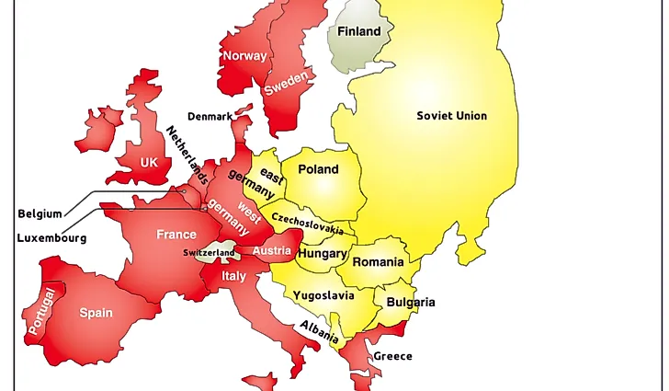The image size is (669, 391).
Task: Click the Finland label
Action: tap(358, 31)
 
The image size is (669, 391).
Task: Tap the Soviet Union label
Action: tap(451, 116)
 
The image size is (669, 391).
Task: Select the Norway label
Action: tap(244, 56)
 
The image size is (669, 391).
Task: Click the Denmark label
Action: tap(210, 117)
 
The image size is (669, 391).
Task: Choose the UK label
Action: tap(149, 163)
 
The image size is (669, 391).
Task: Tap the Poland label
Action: tap(318, 169)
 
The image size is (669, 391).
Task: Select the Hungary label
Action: tap(323, 254)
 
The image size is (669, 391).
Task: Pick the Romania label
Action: tap(378, 262)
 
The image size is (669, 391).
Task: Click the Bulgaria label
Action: tap(411, 303)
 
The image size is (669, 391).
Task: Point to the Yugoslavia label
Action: tap(323, 296)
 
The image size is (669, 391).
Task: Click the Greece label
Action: tap(392, 356)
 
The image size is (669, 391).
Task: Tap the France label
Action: tap(176, 235)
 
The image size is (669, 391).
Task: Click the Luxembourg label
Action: tap(51, 238)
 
